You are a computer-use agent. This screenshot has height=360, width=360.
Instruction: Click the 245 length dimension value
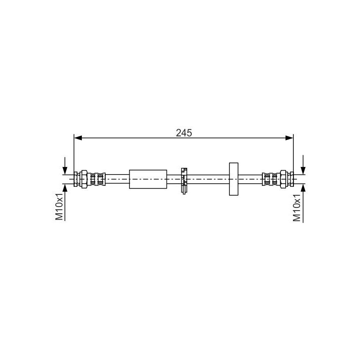[x=184, y=132]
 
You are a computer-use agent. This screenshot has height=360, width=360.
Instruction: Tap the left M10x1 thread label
[x=59, y=207]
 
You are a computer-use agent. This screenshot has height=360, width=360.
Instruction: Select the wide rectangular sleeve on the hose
[x=148, y=179]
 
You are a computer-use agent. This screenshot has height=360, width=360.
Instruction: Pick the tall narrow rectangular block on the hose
[x=233, y=179]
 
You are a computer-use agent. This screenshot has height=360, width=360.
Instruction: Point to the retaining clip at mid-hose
[x=183, y=180]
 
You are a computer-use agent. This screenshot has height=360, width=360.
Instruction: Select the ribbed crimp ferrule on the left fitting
[x=97, y=179]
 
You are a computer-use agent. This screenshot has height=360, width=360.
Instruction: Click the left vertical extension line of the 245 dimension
[x=74, y=153]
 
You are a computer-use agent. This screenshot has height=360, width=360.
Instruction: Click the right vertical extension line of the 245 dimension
[x=293, y=153]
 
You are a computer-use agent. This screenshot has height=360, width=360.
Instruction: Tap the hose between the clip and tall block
[x=207, y=179]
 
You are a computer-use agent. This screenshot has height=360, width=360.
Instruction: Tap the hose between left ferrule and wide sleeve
[x=118, y=179]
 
